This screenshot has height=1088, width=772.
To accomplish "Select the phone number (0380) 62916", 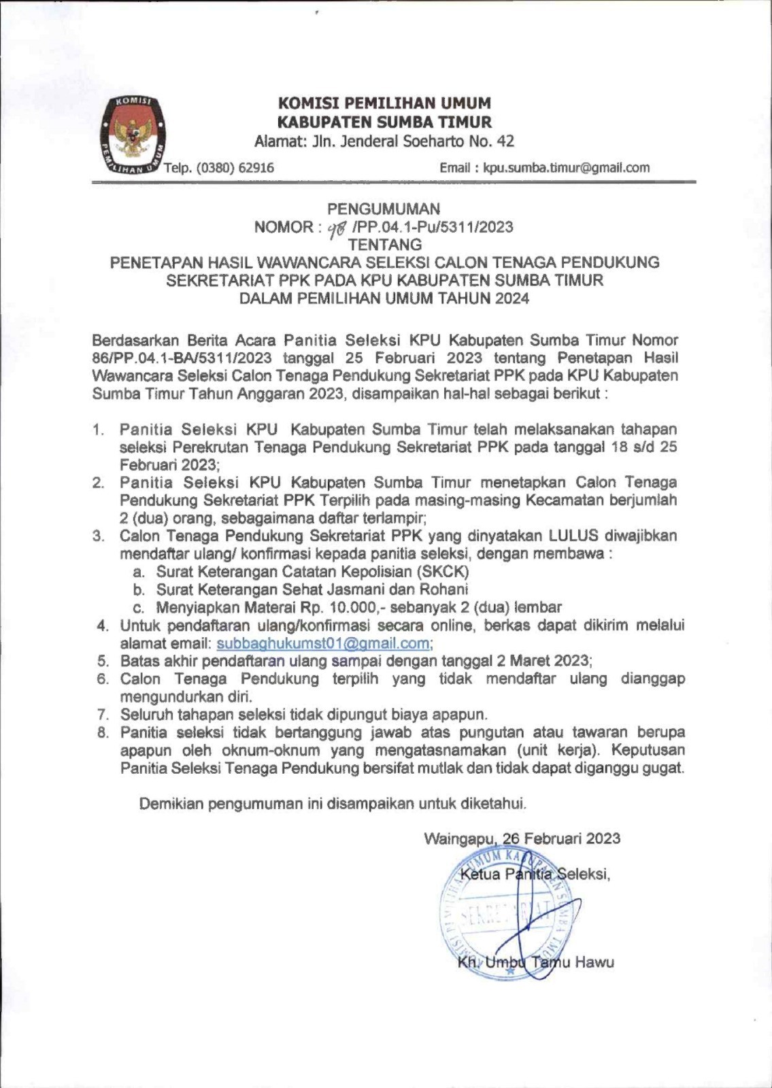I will [235, 167].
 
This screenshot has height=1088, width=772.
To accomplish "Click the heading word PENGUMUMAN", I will [384, 209].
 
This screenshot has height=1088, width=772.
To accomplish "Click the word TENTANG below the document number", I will [385, 244].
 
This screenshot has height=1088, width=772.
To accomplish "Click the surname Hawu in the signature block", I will [594, 962].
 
